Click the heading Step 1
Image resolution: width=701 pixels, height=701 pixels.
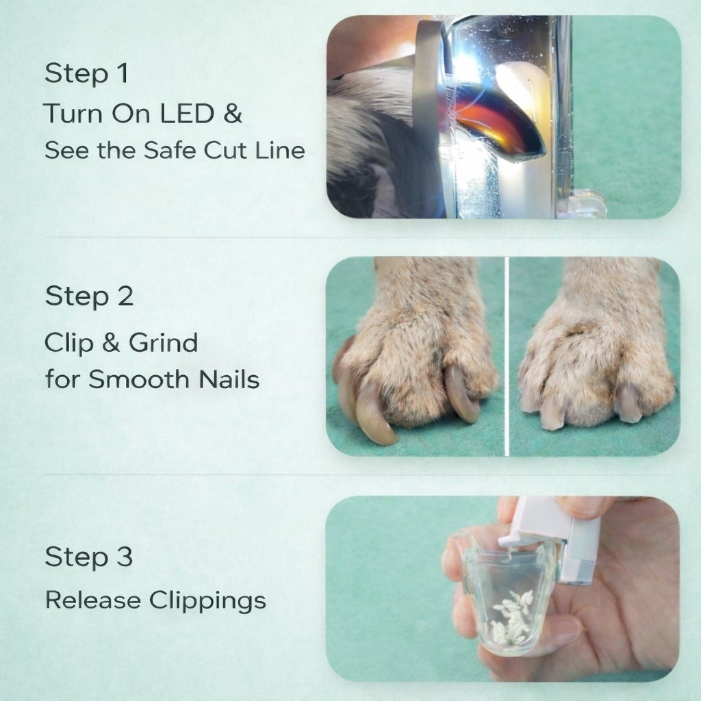tap(86, 74)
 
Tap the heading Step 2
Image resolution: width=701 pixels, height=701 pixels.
tap(89, 296)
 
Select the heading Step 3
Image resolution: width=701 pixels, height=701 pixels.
tap(88, 557)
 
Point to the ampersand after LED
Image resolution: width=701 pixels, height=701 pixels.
tap(233, 114)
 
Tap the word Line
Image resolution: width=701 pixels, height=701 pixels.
tap(281, 151)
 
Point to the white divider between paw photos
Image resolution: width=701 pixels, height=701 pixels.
tap(506, 356)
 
